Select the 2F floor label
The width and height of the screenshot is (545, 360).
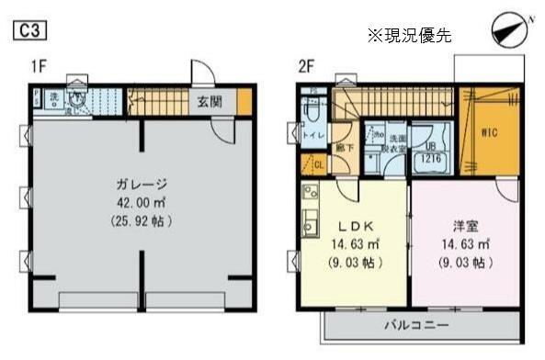click(306, 66)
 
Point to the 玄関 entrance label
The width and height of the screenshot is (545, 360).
click(210, 100)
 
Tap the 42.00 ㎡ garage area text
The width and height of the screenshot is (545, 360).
click(140, 203)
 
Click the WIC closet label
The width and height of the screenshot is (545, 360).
click(490, 131)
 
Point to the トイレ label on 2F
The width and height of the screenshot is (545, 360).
click(311, 135)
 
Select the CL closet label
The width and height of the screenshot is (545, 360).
click(318, 165)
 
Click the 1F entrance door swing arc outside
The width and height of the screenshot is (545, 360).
click(201, 73)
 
